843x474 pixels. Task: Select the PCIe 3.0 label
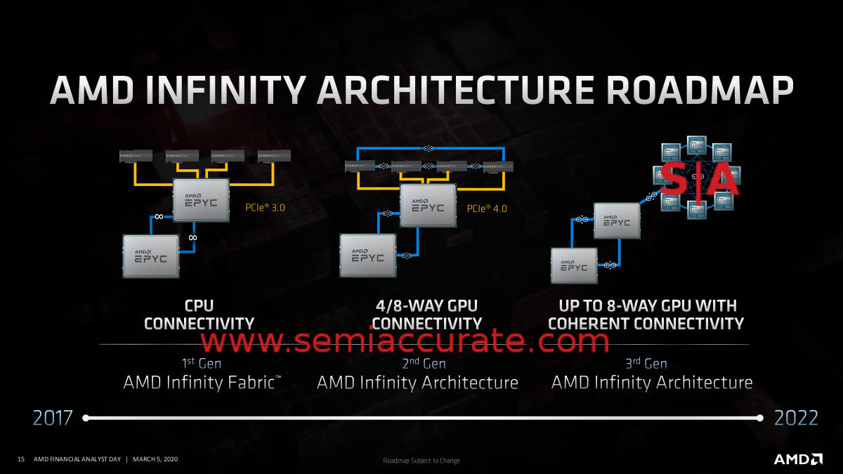pyautogui.click(x=265, y=208)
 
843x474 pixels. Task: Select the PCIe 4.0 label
pyautogui.click(x=486, y=209)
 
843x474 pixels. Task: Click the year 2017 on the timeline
pyautogui.click(x=53, y=418)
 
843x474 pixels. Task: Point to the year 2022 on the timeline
pyautogui.click(x=796, y=418)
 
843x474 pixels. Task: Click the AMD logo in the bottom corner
pyautogui.click(x=798, y=459)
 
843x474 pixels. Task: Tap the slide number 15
pyautogui.click(x=21, y=459)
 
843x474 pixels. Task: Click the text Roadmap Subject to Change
pyautogui.click(x=421, y=461)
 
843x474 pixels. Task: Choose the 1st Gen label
pyautogui.click(x=201, y=363)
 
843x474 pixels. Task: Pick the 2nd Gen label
pyautogui.click(x=424, y=363)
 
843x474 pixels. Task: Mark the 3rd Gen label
pyautogui.click(x=646, y=363)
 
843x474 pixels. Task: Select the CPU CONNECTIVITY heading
pyautogui.click(x=199, y=315)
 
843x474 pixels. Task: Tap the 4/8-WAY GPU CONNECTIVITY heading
pyautogui.click(x=426, y=315)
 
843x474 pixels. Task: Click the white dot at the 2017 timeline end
pyautogui.click(x=85, y=418)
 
